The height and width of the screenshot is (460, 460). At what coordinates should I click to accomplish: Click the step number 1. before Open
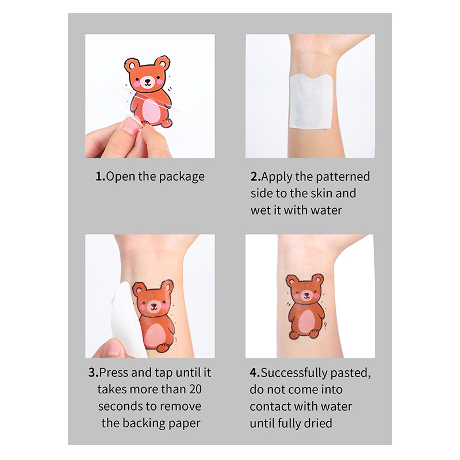click(x=100, y=177)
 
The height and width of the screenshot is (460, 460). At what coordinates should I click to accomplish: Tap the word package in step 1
click(x=182, y=177)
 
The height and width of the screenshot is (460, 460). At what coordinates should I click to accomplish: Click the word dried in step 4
click(x=319, y=423)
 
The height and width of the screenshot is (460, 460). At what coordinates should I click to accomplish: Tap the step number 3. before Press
click(x=94, y=373)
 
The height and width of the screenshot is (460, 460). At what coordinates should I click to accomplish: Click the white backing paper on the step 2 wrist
click(x=310, y=101)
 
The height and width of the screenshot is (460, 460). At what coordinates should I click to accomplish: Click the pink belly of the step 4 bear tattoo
click(x=306, y=321)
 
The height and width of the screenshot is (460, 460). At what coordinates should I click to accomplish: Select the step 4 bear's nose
click(x=307, y=294)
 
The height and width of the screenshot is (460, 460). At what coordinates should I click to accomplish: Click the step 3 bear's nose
click(x=154, y=306)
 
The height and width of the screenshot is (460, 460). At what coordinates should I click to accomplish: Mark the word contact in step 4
click(x=270, y=407)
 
